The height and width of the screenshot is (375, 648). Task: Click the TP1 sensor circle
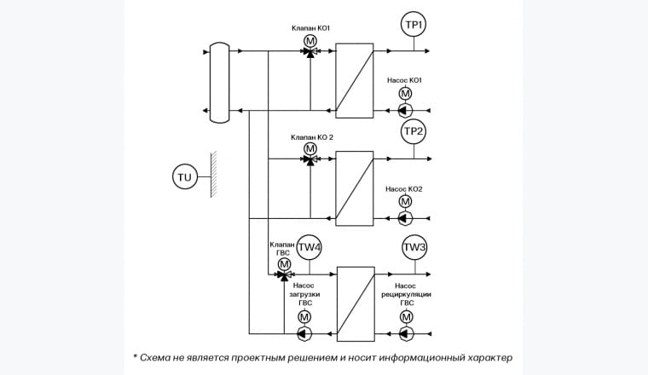coord(414,26)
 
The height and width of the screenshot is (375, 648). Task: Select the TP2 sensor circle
coord(414,132)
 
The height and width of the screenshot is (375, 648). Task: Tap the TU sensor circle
coord(184,177)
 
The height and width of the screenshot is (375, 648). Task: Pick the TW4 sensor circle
coord(309,248)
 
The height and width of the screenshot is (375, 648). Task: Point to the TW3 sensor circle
coord(414,248)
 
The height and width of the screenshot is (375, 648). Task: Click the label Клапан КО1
coord(310,28)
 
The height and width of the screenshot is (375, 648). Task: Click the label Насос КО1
coord(404,80)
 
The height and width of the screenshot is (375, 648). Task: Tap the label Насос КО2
coord(404,188)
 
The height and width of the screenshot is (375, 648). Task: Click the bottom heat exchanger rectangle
coord(356,303)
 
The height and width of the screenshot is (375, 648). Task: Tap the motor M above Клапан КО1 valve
coord(310,40)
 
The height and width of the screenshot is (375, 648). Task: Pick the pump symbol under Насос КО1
coord(405,110)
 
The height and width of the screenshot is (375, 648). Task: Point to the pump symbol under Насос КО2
coord(405,218)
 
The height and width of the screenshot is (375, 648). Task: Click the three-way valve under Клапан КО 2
coord(310,159)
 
